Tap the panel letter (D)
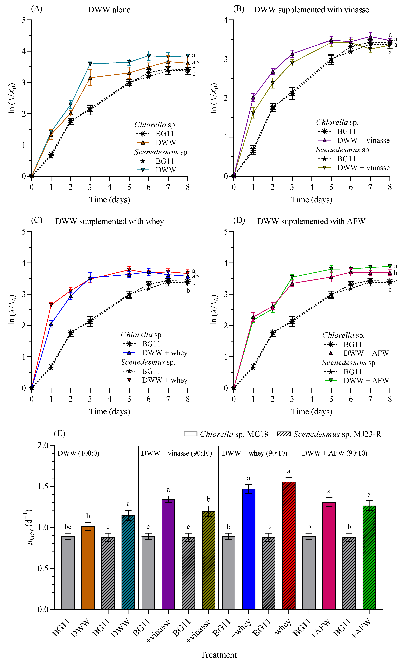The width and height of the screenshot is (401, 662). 239,220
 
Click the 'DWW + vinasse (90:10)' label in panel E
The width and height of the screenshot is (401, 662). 176,453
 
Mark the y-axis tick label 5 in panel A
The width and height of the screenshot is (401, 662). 24,20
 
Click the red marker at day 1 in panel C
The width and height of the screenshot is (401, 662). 51,305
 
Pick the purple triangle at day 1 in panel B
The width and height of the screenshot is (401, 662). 253,97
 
